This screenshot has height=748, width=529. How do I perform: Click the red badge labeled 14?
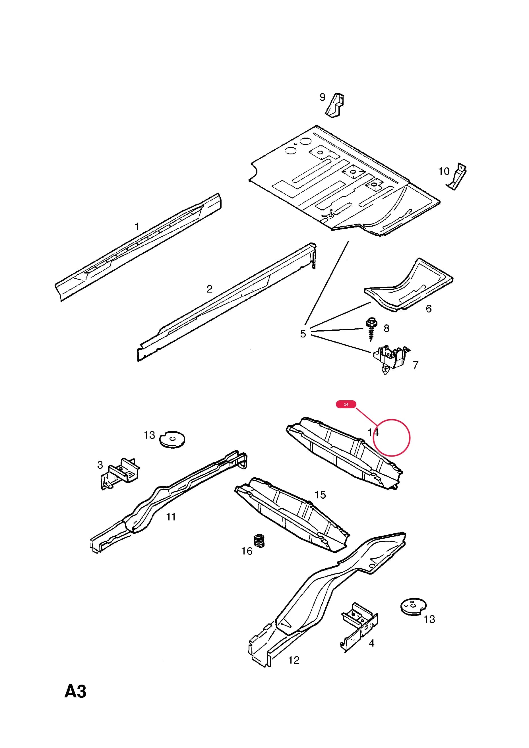click(x=346, y=404)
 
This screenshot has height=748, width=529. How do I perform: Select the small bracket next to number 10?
click(x=457, y=176)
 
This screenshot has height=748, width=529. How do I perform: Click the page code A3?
click(x=75, y=691)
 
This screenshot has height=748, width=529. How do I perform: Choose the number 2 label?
click(x=209, y=289)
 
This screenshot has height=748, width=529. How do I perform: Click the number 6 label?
click(x=429, y=308)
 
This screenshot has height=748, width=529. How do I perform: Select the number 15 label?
click(x=320, y=495)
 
